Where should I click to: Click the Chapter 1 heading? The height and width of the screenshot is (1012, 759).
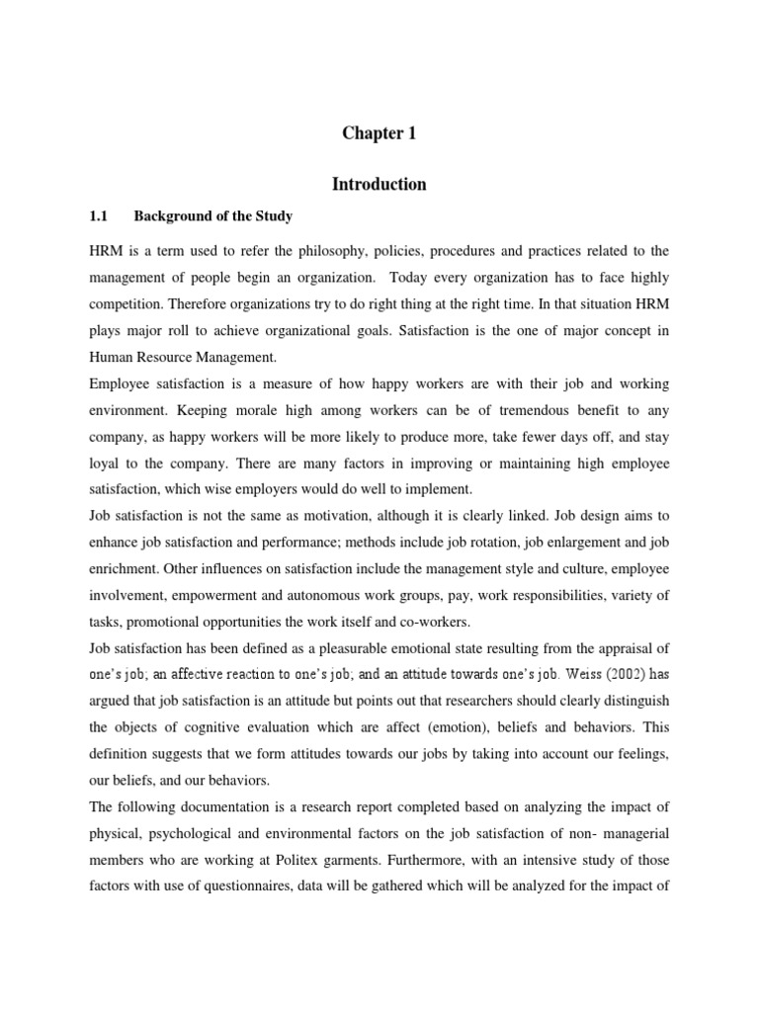point(379,134)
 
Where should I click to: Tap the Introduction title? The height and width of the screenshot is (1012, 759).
point(379,185)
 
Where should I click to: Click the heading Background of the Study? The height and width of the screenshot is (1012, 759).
point(213,215)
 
